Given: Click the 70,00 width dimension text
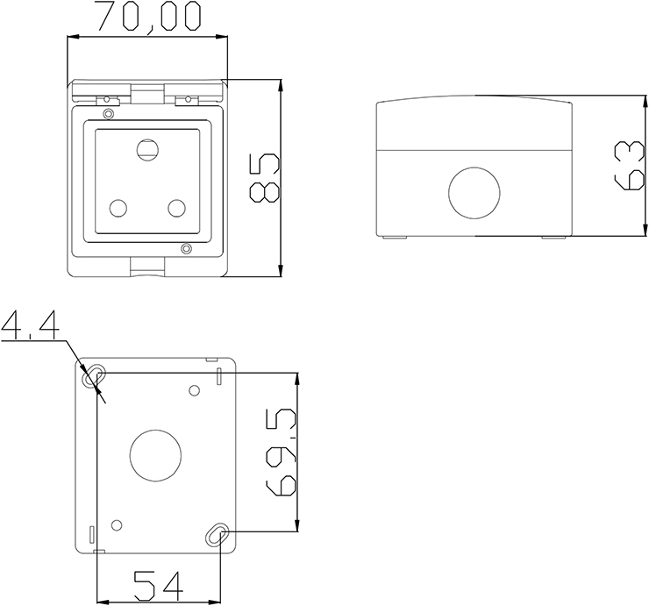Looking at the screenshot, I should (x=147, y=17).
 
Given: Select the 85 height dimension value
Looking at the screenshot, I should (x=263, y=178).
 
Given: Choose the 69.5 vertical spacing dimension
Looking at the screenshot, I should (x=282, y=453).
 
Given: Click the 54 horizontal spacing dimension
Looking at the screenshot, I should (x=159, y=585).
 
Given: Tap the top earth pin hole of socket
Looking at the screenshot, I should (x=146, y=150).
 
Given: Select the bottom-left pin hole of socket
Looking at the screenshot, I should (x=118, y=208).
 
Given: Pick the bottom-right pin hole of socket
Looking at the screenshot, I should (x=177, y=208).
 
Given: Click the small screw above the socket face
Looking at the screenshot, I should (x=108, y=114).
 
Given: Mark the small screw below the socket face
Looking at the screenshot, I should (x=185, y=249).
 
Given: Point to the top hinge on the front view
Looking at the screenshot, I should (x=146, y=93).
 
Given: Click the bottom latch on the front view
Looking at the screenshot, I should (x=146, y=265).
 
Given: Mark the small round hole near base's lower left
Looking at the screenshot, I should (x=117, y=524).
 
